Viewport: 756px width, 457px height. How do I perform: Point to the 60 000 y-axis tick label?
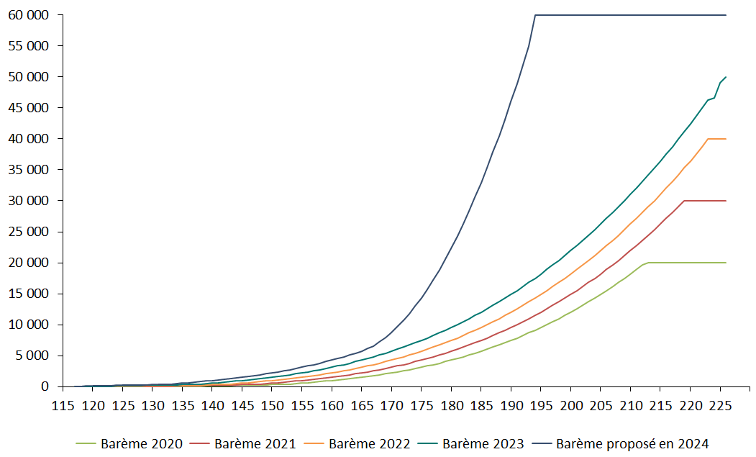(x=27, y=15)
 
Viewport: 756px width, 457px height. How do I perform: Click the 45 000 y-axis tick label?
(x=27, y=108)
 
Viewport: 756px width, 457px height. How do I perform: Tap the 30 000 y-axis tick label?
(x=27, y=201)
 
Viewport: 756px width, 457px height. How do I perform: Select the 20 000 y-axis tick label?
(x=27, y=263)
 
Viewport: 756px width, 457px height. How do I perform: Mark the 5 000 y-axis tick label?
(x=29, y=356)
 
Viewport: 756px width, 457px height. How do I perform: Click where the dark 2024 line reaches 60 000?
(x=535, y=15)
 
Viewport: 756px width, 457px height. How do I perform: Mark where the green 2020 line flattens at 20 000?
(x=649, y=263)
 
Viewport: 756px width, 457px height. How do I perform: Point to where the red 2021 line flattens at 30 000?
(x=684, y=201)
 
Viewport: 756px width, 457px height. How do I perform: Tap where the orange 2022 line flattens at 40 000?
(x=709, y=139)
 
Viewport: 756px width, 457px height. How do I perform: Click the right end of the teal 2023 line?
(x=726, y=77)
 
